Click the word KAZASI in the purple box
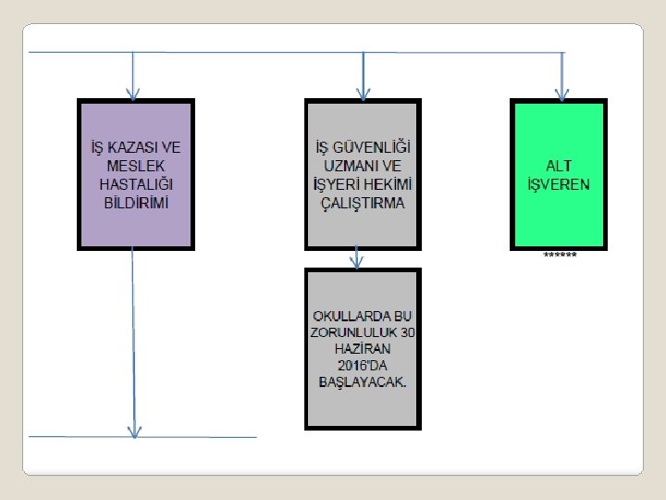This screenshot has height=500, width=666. click(x=131, y=148)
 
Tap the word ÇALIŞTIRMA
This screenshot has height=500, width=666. click(x=363, y=203)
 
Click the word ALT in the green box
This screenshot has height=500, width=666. click(x=558, y=166)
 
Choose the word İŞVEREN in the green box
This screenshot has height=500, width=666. click(x=558, y=184)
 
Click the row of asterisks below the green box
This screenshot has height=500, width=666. click(x=560, y=255)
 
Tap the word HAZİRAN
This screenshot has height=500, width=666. click(x=364, y=350)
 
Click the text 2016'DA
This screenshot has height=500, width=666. click(x=363, y=367)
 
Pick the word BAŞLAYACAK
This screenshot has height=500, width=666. click(x=363, y=383)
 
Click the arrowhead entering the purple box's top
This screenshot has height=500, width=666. click(x=133, y=94)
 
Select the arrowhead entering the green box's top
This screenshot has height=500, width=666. click(x=561, y=94)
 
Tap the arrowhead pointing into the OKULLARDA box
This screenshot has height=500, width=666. click(x=357, y=262)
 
